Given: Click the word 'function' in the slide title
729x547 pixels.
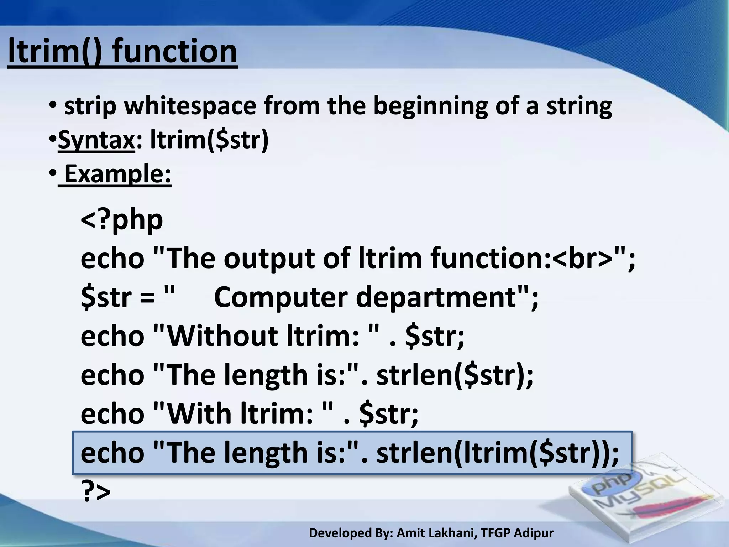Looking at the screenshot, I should [174, 52].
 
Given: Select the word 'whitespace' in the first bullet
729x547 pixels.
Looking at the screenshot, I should [190, 106].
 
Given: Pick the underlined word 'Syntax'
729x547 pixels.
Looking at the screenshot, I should [96, 140].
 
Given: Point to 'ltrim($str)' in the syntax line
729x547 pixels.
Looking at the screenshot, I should [209, 140].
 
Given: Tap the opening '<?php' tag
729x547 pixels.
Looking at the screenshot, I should [122, 220].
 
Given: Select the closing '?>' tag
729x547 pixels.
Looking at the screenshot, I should [96, 491].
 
